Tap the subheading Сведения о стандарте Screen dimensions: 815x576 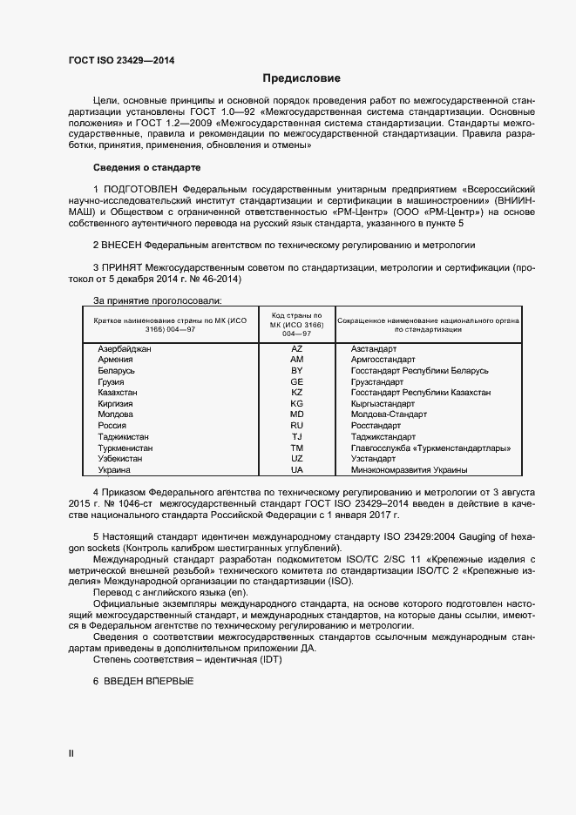[146, 166]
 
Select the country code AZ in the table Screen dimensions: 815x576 [296, 348]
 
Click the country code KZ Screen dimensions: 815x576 [296, 393]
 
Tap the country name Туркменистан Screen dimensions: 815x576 [125, 448]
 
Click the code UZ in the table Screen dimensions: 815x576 [296, 458]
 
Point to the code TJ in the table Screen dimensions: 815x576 [296, 436]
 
